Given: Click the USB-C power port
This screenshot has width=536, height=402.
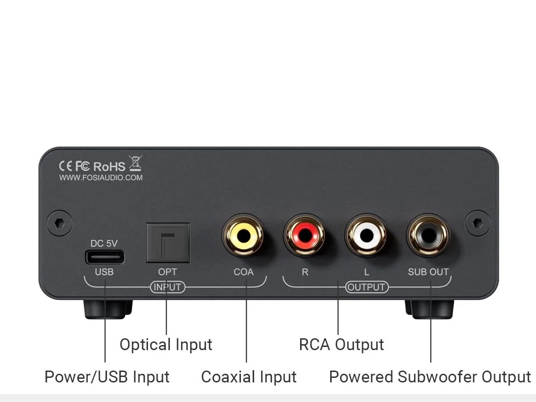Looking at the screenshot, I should point(104,258).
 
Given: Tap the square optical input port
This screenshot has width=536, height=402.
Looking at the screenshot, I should point(168,243).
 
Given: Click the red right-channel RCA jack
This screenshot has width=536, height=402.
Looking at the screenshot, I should point(305,236).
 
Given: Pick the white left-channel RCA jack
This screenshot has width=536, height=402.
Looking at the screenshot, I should point(367,236).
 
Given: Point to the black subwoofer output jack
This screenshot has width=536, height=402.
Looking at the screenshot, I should point(428,236).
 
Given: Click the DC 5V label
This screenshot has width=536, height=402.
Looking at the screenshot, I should point(104,244).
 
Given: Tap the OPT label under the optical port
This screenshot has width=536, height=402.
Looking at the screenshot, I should point(168,272).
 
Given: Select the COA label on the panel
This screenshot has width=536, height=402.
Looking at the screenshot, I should point(244,272).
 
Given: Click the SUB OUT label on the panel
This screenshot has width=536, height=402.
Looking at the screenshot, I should point(428,272).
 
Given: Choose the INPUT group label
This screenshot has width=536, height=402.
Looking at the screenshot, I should point(168,287).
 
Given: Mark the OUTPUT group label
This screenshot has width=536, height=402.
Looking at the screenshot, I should point(367,287).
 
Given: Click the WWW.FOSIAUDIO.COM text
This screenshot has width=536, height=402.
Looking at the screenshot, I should point(101,178).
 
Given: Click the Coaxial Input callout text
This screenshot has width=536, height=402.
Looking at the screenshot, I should point(249,377).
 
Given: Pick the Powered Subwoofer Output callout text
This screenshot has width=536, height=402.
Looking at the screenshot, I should point(430,377).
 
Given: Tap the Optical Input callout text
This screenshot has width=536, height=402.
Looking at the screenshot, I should point(166,345).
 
